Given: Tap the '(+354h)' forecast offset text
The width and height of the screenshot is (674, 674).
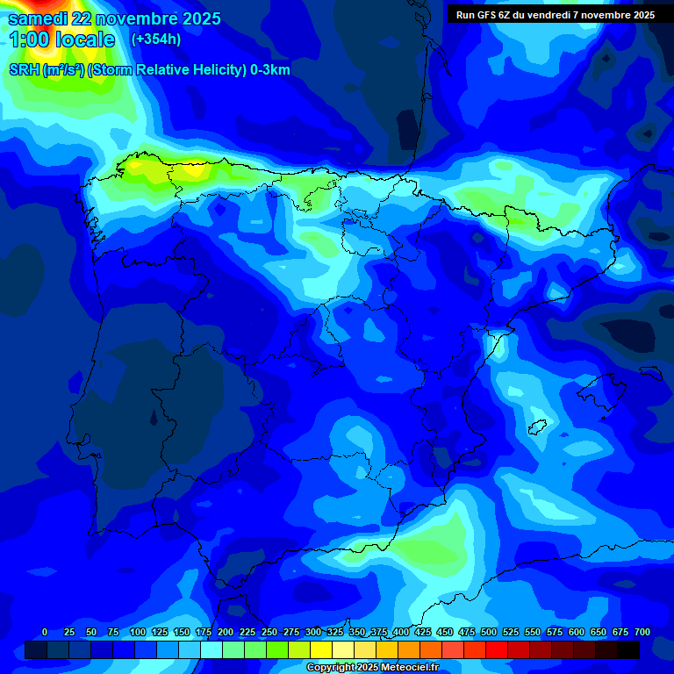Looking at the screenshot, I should [x=156, y=39].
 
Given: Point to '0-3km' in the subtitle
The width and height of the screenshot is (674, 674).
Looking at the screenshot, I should [x=269, y=70].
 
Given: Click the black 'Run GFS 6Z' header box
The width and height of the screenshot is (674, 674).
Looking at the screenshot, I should [x=555, y=15].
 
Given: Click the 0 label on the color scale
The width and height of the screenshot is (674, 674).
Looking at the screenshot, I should [x=45, y=632].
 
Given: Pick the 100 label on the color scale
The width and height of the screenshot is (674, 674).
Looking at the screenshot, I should [x=137, y=632].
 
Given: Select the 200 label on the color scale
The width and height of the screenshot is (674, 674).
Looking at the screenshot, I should [x=225, y=632].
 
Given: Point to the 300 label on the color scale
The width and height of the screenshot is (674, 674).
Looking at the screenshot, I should [x=312, y=632].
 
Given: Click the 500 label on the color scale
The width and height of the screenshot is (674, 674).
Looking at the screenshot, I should [x=488, y=632].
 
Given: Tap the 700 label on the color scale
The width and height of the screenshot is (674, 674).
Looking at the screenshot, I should [x=642, y=632].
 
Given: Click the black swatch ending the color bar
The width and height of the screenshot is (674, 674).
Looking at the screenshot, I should [x=628, y=649].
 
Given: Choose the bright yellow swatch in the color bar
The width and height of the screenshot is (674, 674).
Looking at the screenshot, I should [x=321, y=649].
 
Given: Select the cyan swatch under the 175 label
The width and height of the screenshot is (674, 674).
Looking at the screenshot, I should [x=212, y=649].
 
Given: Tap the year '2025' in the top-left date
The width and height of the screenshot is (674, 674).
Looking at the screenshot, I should [x=202, y=18].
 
